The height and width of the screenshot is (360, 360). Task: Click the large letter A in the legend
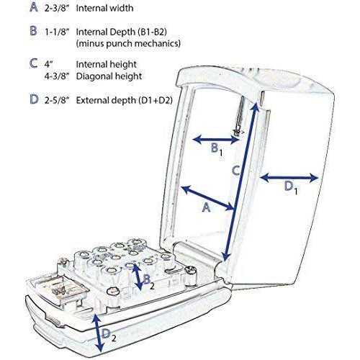[x=34, y=7]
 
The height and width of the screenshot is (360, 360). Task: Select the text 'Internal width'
[x=104, y=8]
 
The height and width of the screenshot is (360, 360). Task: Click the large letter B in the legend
[x=34, y=31]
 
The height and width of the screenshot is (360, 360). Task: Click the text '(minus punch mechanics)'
[x=128, y=43]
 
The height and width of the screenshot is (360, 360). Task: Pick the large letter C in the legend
[x=34, y=63]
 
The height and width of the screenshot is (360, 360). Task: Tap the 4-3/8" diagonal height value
[x=57, y=76]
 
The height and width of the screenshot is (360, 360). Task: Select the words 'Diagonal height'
[x=109, y=76]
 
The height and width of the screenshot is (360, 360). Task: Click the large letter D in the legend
[x=34, y=99]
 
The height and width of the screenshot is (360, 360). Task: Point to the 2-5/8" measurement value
[x=57, y=100]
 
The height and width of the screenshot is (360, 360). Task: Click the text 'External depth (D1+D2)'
[x=125, y=100]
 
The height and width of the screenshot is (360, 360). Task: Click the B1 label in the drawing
[x=217, y=150]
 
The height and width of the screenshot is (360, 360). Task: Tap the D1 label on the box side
[x=291, y=187]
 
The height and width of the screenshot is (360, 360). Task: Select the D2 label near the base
[x=109, y=334]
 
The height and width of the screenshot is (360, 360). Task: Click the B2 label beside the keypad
[x=149, y=281]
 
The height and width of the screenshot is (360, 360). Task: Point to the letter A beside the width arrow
[x=206, y=207]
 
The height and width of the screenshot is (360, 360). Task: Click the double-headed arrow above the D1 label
[x=289, y=178]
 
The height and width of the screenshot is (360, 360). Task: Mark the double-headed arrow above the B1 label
[x=215, y=140]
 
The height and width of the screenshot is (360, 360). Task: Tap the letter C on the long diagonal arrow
[x=236, y=170]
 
